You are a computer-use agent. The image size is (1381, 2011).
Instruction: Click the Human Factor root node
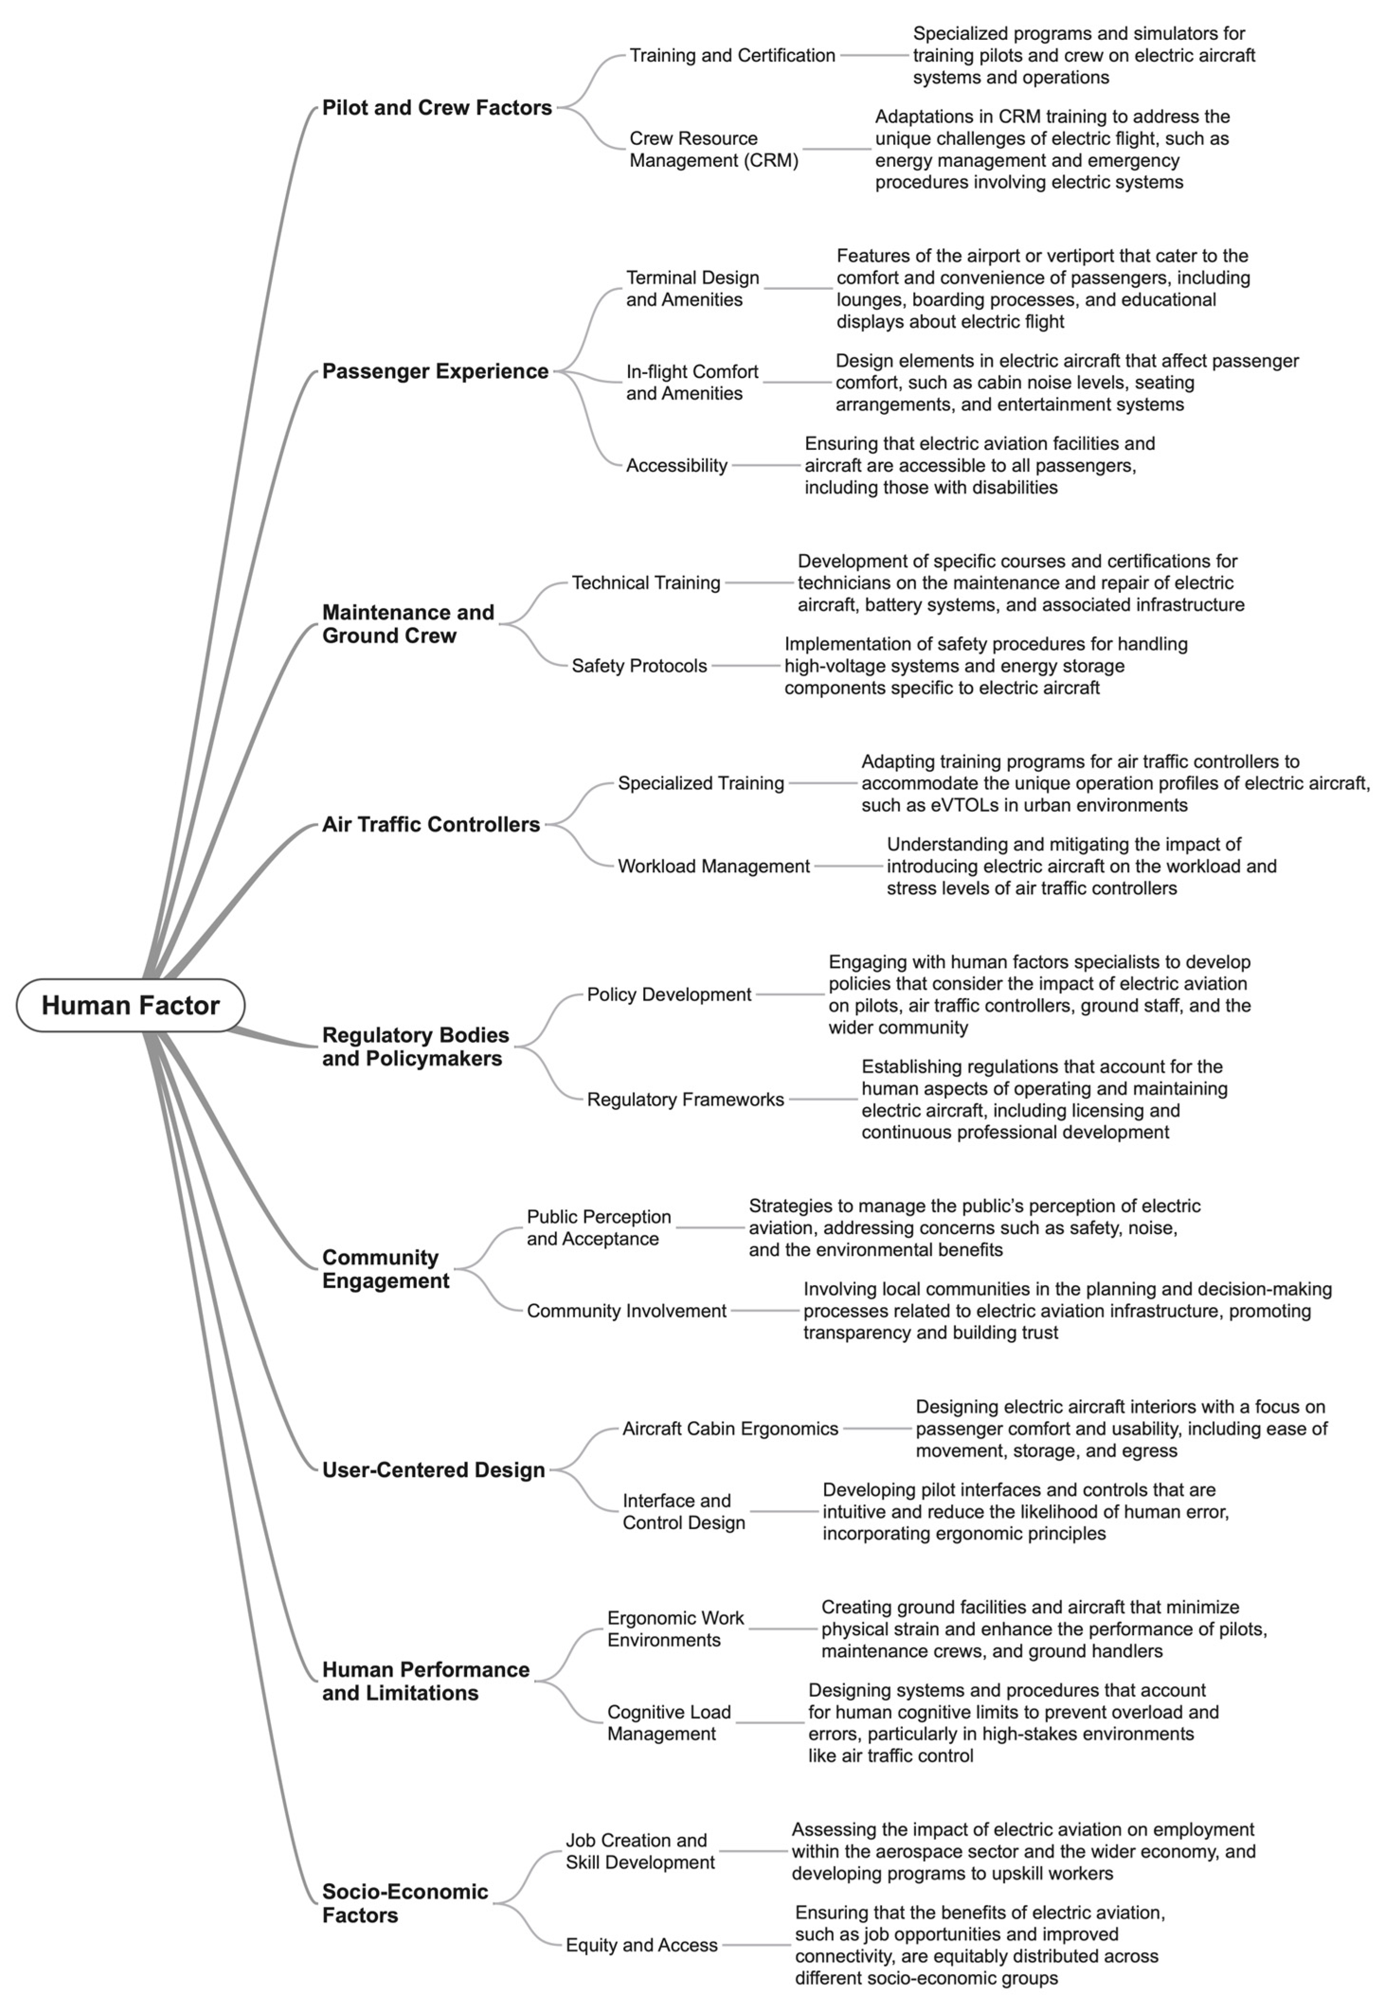click(131, 1006)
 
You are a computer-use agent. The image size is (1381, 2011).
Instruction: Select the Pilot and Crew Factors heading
click(437, 108)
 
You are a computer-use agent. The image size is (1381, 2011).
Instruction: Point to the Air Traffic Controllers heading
click(431, 825)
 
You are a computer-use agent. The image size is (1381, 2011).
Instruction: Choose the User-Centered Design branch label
click(433, 1470)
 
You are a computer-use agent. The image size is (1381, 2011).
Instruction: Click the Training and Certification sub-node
click(732, 55)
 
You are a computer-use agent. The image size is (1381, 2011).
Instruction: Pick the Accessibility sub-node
click(677, 465)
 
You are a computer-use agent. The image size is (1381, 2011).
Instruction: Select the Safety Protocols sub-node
click(639, 666)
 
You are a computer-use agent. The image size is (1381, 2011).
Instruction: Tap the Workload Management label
click(714, 866)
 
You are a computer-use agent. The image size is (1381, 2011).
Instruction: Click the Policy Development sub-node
click(669, 995)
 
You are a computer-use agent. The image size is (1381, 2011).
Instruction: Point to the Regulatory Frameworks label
click(685, 1100)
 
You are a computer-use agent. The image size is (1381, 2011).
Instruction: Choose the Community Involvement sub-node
click(627, 1311)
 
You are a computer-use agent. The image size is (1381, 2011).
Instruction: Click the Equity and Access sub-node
click(641, 1945)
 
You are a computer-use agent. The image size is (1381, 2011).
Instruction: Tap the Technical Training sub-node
click(646, 583)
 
